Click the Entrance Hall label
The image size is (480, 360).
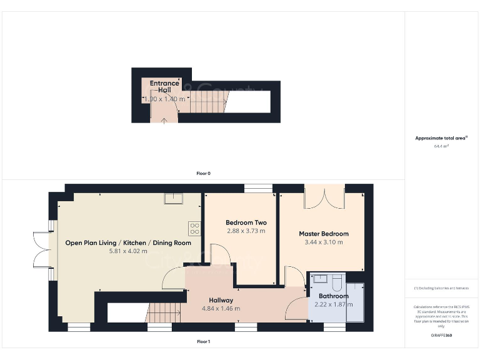click(x=164, y=86)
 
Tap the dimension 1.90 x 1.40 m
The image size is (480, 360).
click(x=164, y=99)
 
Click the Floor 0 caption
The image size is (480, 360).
click(x=203, y=173)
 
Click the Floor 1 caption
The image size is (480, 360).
click(x=203, y=342)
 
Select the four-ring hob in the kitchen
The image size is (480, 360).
click(x=195, y=229)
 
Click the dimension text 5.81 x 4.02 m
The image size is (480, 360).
click(x=128, y=251)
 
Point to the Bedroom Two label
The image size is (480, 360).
click(x=246, y=222)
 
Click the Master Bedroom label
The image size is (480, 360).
click(x=324, y=234)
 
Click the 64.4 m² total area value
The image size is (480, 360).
click(x=442, y=146)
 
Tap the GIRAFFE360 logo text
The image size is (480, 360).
click(x=442, y=336)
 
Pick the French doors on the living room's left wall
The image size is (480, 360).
click(x=42, y=249)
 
